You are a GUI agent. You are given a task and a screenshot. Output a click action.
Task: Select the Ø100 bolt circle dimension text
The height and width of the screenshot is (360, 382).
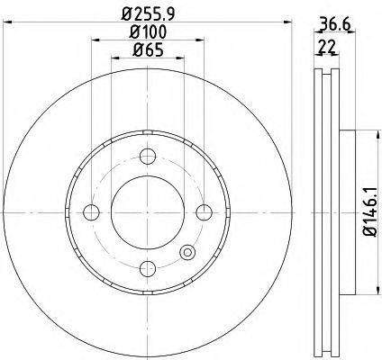[x=147, y=33]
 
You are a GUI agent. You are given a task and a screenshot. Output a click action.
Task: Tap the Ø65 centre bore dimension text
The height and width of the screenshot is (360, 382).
[x=147, y=49]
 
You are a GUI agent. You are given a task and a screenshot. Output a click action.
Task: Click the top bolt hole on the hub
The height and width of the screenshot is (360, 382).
[x=147, y=155]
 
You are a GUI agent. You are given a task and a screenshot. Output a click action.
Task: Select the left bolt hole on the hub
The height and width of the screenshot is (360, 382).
[x=90, y=212]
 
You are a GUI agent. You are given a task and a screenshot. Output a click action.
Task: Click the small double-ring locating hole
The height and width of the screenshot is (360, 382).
[x=187, y=253]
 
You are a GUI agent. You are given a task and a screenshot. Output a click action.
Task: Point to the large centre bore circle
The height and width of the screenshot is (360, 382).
[x=147, y=212]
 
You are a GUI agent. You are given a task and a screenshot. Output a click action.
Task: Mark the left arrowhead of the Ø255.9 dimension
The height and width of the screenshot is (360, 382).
[x=5, y=25]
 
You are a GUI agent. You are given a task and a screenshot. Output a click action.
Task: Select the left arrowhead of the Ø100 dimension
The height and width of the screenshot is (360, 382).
[x=93, y=42]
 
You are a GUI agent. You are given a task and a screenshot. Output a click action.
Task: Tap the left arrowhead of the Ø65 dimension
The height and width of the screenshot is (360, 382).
[x=114, y=58]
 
